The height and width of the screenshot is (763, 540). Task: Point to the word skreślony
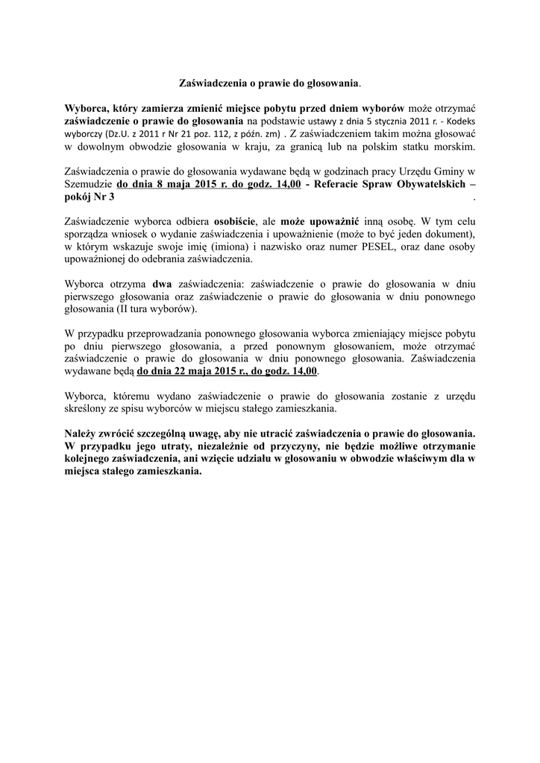[85, 409]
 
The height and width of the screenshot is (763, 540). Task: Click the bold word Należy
[84, 434]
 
